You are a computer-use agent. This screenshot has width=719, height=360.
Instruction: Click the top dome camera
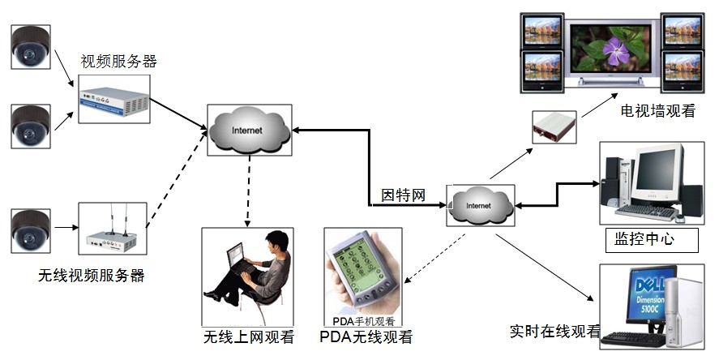click(x=31, y=48)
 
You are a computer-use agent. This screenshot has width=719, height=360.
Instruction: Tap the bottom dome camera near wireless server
click(x=31, y=229)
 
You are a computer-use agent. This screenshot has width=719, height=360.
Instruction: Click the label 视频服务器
click(x=118, y=62)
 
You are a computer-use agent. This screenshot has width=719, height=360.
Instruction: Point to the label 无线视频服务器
click(x=92, y=276)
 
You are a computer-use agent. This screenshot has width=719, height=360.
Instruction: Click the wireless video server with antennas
click(x=112, y=230)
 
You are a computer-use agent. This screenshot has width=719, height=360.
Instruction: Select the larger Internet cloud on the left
click(x=249, y=130)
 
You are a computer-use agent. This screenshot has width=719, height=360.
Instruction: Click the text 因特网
click(x=404, y=195)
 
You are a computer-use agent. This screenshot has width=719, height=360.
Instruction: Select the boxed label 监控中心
click(x=640, y=239)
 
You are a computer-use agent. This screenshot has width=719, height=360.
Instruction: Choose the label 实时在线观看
click(x=554, y=331)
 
